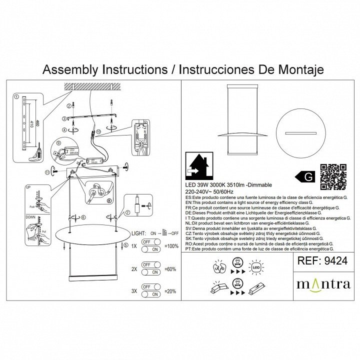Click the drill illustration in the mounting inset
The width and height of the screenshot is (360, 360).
(x=36, y=154)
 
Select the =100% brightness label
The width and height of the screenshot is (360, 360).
(x=171, y=247)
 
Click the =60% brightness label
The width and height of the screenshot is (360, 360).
(x=170, y=268)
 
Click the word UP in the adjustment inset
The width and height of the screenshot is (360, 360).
(x=28, y=187)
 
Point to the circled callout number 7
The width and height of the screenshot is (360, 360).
(x=127, y=212)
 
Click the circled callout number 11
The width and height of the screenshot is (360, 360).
(x=47, y=172)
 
